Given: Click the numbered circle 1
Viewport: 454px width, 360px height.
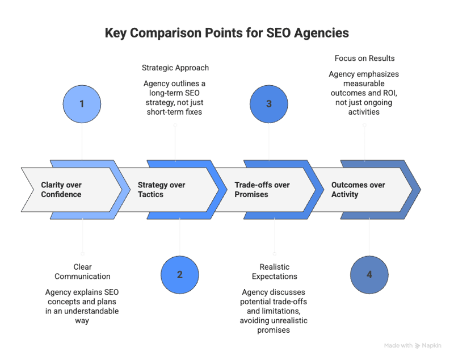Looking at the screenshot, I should click(82, 104).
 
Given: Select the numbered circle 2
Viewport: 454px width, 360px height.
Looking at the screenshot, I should click(179, 274).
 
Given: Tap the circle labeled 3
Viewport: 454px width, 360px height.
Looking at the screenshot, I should click(269, 104).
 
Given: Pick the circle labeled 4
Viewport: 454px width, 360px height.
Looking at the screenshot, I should click(369, 274).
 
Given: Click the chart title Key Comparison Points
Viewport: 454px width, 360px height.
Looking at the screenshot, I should click(226, 34).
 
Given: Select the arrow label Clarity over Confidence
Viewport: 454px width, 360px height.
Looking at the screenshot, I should click(61, 190).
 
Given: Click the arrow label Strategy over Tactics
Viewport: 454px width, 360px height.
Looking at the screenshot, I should click(162, 190).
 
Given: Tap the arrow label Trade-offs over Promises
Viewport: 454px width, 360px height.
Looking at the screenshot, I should click(262, 190).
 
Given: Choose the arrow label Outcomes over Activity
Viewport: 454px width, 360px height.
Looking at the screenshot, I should click(358, 190).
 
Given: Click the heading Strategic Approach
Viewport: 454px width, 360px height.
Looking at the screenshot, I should click(175, 68).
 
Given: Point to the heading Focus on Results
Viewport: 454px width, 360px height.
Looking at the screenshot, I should click(363, 58).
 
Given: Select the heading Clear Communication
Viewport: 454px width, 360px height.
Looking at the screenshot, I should click(83, 271).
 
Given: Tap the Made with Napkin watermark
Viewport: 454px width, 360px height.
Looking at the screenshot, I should click(413, 345).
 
